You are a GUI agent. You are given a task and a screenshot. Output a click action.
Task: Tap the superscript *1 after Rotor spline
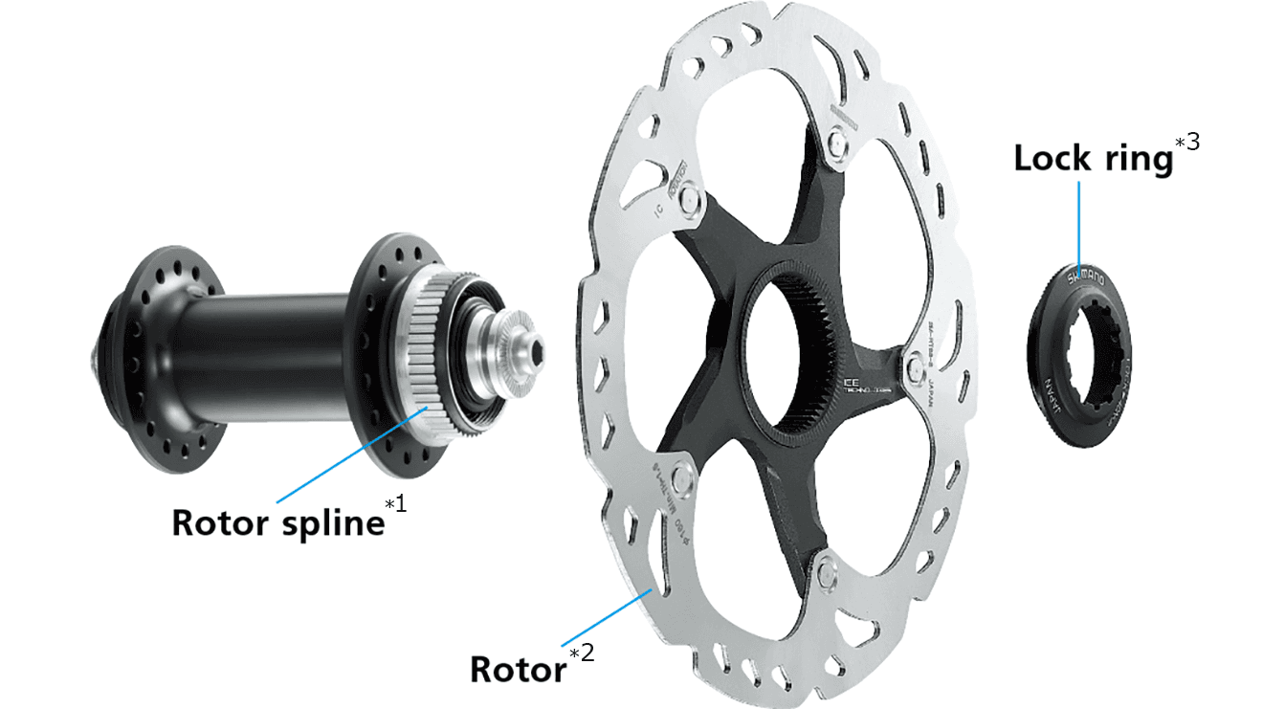click(x=395, y=503)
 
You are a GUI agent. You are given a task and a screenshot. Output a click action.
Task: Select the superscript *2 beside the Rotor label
click(x=582, y=653)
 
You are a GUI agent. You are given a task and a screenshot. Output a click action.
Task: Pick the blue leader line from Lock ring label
click(x=1079, y=225)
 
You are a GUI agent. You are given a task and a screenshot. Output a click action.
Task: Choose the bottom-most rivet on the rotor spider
click(x=824, y=571)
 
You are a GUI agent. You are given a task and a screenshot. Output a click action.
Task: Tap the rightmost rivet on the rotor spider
click(x=911, y=362)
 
